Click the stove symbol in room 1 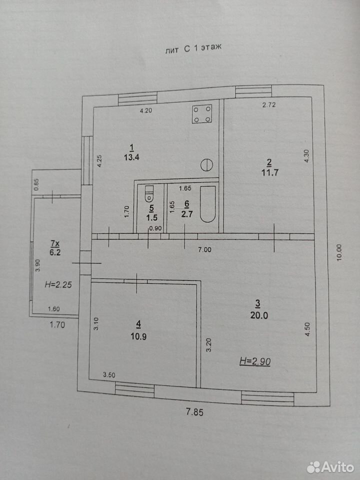coord(202,114)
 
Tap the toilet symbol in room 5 coord(149,194)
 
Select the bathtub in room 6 coord(208,204)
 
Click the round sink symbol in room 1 coord(206,165)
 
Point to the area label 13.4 coord(132,157)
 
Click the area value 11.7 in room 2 coord(269,172)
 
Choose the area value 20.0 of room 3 coord(259,315)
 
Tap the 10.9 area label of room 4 coord(138,336)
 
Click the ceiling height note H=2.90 coord(255,362)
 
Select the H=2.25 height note coord(58,284)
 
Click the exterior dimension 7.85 coord(195,412)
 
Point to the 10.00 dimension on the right coord(338,252)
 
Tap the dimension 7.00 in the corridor coord(205,250)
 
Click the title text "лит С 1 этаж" coord(193,49)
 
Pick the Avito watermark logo coord(330,467)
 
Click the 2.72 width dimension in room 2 coord(269,104)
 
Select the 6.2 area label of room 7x coord(55,252)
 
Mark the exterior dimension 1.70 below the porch coord(57,324)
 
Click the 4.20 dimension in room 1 coord(146,111)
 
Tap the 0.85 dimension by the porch coord(36,184)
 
